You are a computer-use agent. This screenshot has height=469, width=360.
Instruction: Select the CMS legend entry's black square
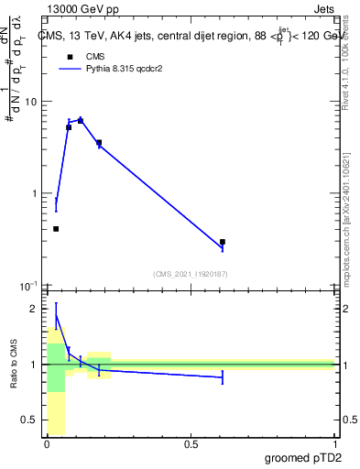pos(70,56)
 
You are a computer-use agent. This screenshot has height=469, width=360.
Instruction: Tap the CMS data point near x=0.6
pos(223,243)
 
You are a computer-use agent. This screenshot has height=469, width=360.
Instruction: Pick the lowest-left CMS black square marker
pos(56,229)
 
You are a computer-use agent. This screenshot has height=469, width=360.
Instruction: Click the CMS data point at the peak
pos(81,121)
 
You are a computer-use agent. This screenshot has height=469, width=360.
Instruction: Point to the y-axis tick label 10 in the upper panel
pos(29,102)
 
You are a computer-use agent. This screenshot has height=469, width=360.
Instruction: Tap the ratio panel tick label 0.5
pos(28,420)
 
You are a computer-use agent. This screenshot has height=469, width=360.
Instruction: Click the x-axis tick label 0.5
pos(191,444)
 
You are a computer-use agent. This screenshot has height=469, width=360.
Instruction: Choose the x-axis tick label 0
pos(47,444)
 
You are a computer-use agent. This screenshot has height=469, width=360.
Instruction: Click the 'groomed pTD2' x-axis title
pos(302,457)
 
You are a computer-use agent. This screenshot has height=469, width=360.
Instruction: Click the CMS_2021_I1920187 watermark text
pos(191,274)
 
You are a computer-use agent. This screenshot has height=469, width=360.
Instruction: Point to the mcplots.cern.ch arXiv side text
pos(348,220)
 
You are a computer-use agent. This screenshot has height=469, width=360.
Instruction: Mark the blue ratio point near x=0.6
pos(223,377)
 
